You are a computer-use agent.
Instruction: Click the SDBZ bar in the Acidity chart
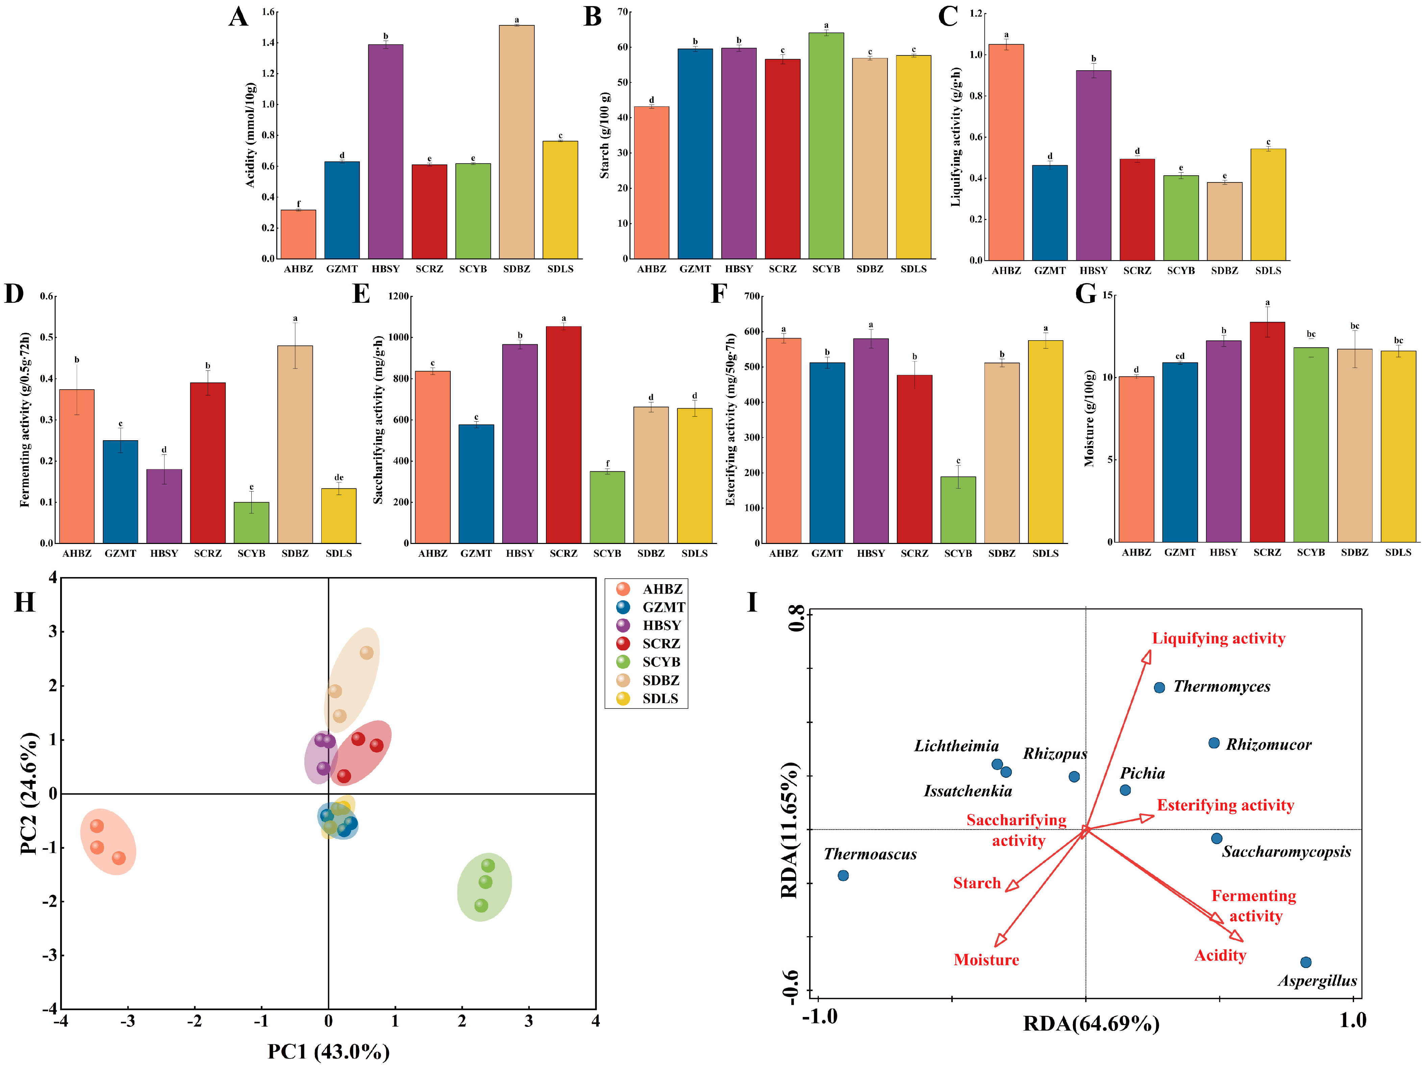pos(516,142)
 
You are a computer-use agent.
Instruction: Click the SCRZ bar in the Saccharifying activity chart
pos(563,434)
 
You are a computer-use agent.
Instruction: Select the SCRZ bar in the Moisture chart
pos(1267,431)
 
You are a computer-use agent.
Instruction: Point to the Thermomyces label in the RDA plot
pos(1221,687)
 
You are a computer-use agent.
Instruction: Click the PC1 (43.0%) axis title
pos(328,1051)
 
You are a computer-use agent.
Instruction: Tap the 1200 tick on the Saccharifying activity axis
pos(399,296)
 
